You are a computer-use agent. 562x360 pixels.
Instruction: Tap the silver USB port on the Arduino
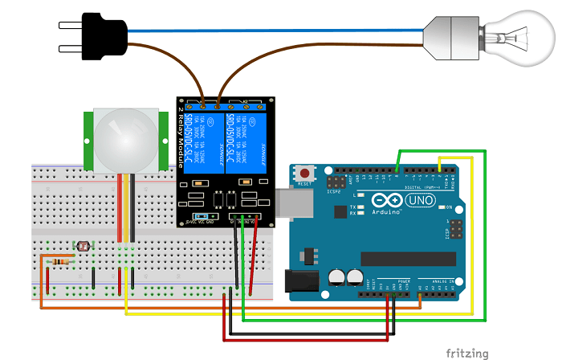(x=291, y=204)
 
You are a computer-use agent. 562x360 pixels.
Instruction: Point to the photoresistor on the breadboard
(x=80, y=245)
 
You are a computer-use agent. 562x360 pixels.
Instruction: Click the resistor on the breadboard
(x=59, y=260)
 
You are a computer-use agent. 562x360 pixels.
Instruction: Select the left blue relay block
(x=199, y=141)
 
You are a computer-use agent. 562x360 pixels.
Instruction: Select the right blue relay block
(x=246, y=141)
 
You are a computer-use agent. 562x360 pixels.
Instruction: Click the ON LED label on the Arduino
(x=448, y=207)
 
